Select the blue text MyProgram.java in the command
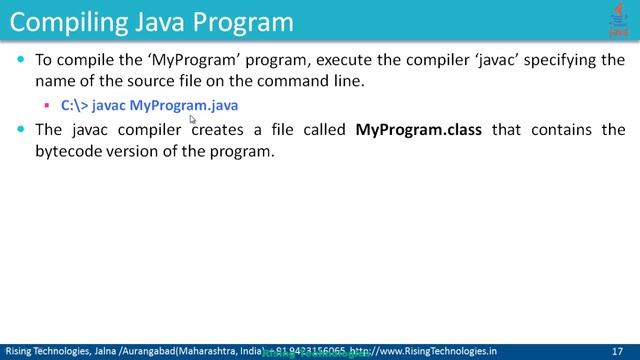point(184,104)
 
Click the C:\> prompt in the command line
point(74,104)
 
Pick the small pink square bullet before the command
point(47,105)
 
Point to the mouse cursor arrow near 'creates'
point(192,118)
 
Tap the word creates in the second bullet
point(219,130)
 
